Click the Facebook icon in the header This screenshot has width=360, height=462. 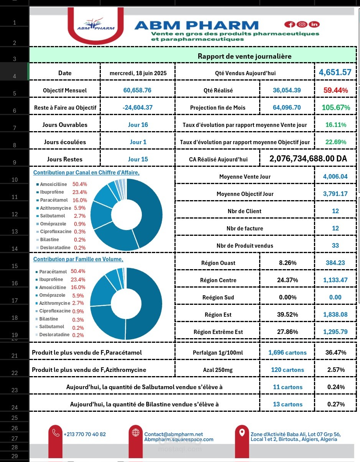click(x=289, y=25)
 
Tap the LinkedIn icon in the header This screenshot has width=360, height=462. click(x=314, y=25)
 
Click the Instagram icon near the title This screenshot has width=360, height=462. click(x=302, y=25)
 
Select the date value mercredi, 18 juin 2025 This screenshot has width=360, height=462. click(x=138, y=73)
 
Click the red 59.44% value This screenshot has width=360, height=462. click(x=335, y=90)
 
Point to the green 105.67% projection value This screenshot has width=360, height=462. click(x=335, y=108)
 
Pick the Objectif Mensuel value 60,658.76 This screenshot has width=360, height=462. click(x=137, y=90)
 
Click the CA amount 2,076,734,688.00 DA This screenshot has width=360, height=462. click(x=308, y=159)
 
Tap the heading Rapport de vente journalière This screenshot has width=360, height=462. click(x=244, y=56)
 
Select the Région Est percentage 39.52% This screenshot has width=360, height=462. click(x=287, y=315)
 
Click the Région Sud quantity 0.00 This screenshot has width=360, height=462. click(x=335, y=297)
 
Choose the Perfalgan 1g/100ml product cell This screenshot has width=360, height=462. click(x=217, y=352)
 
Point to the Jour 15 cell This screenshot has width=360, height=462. click(x=138, y=159)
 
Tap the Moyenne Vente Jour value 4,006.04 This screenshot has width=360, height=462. click(x=335, y=176)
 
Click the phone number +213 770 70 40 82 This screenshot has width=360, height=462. click(x=85, y=434)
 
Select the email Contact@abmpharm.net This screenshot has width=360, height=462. click(x=173, y=434)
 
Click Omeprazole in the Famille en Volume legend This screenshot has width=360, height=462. click(x=52, y=295)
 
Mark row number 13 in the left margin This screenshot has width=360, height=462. click(x=15, y=231)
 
